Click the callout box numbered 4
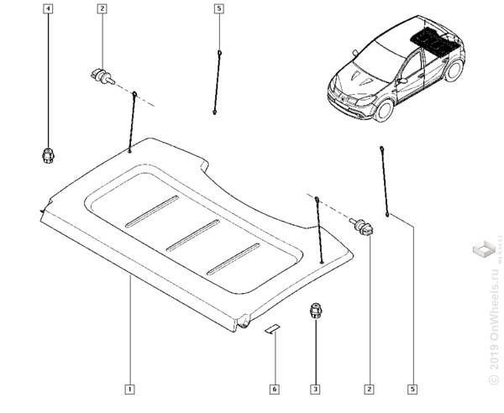click(48, 8)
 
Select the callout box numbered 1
click(129, 389)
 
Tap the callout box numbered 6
click(274, 389)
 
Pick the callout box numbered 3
click(316, 389)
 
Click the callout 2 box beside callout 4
click(102, 8)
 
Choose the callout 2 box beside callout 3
click(369, 389)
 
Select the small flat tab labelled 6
click(271, 327)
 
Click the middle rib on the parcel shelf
click(192, 234)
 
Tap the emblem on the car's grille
click(346, 96)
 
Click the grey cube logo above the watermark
click(484, 250)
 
